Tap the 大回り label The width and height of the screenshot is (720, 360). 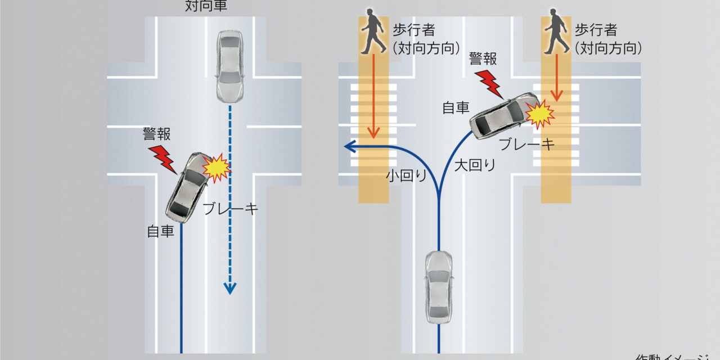475,165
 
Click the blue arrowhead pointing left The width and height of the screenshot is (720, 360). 349,147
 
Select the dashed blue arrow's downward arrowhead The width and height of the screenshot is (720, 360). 229,288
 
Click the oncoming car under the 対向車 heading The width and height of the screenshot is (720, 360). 229,66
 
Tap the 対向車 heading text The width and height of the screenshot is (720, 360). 206,7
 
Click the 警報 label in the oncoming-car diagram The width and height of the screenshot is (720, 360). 157,134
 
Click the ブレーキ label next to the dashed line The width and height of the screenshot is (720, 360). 231,209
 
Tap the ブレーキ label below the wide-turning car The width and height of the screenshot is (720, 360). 526,144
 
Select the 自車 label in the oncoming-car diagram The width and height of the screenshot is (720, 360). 160,231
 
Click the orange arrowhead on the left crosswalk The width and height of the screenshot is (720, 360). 373,134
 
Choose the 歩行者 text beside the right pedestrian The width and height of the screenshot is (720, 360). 597,30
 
